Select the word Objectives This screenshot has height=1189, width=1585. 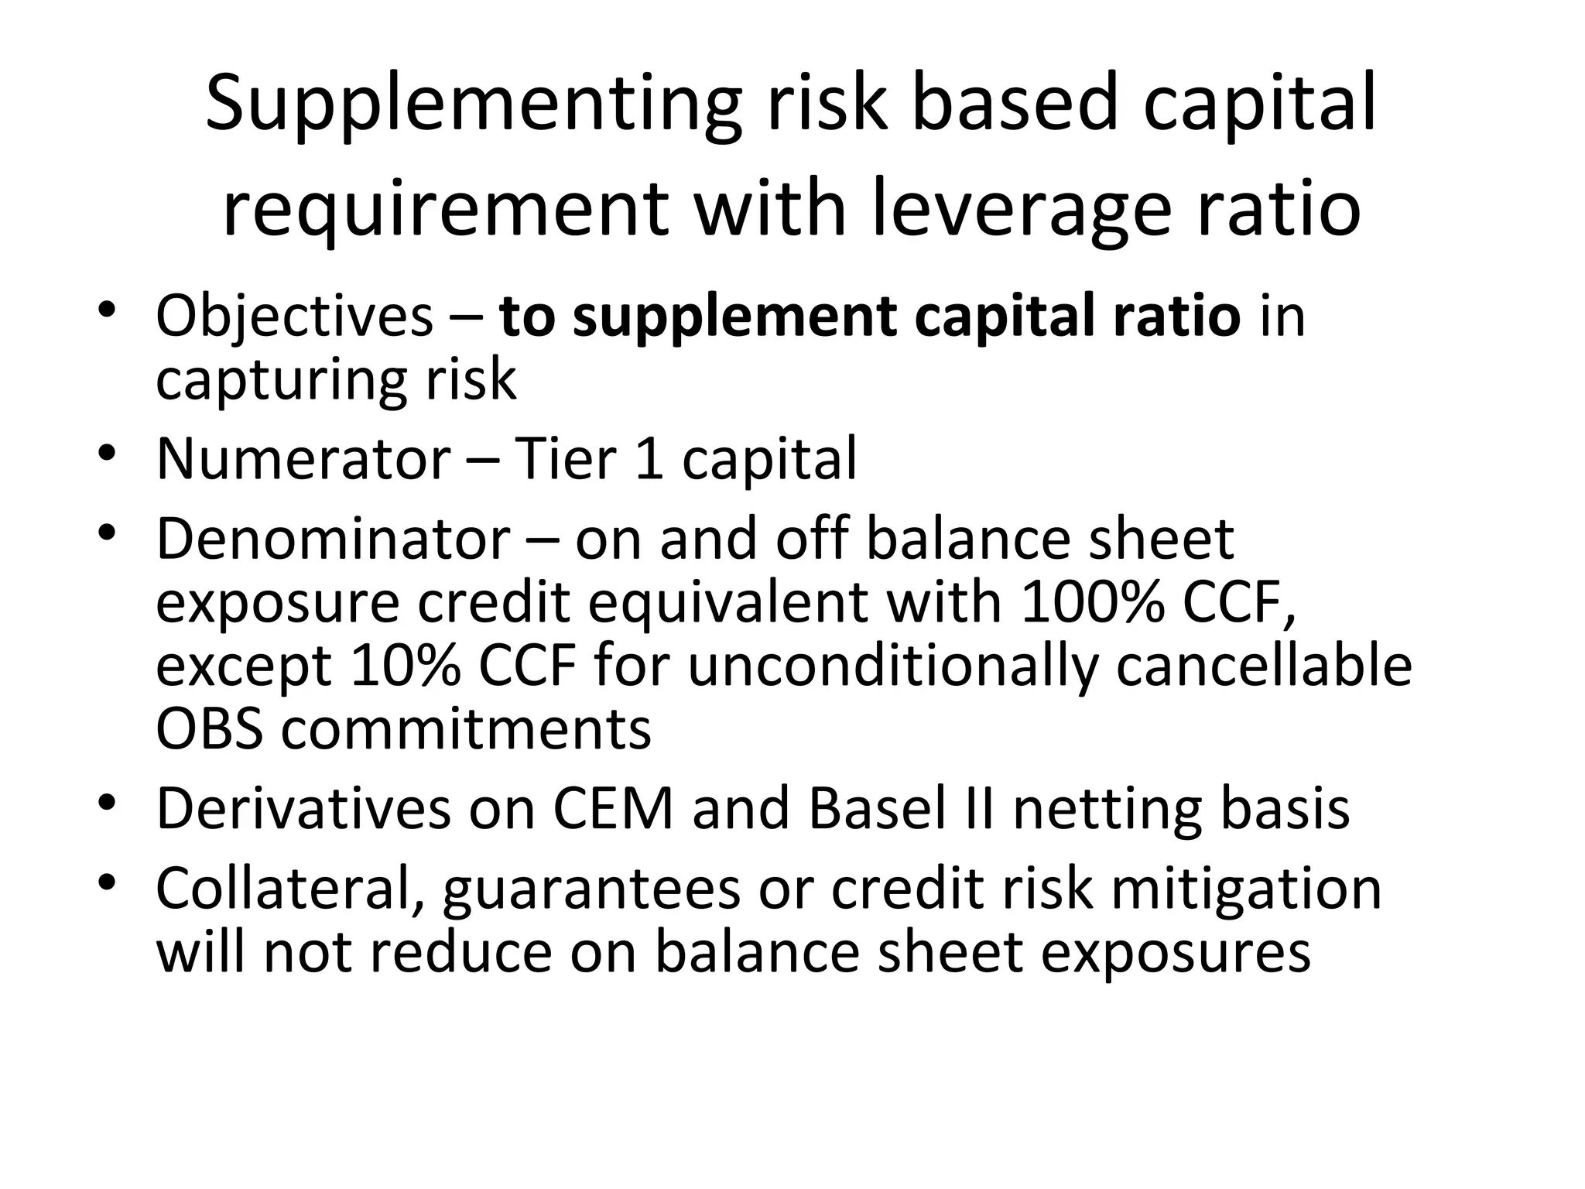[294, 317]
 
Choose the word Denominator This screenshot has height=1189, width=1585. [333, 539]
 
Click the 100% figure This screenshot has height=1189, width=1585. [1092, 602]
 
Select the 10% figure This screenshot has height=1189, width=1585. [406, 666]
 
